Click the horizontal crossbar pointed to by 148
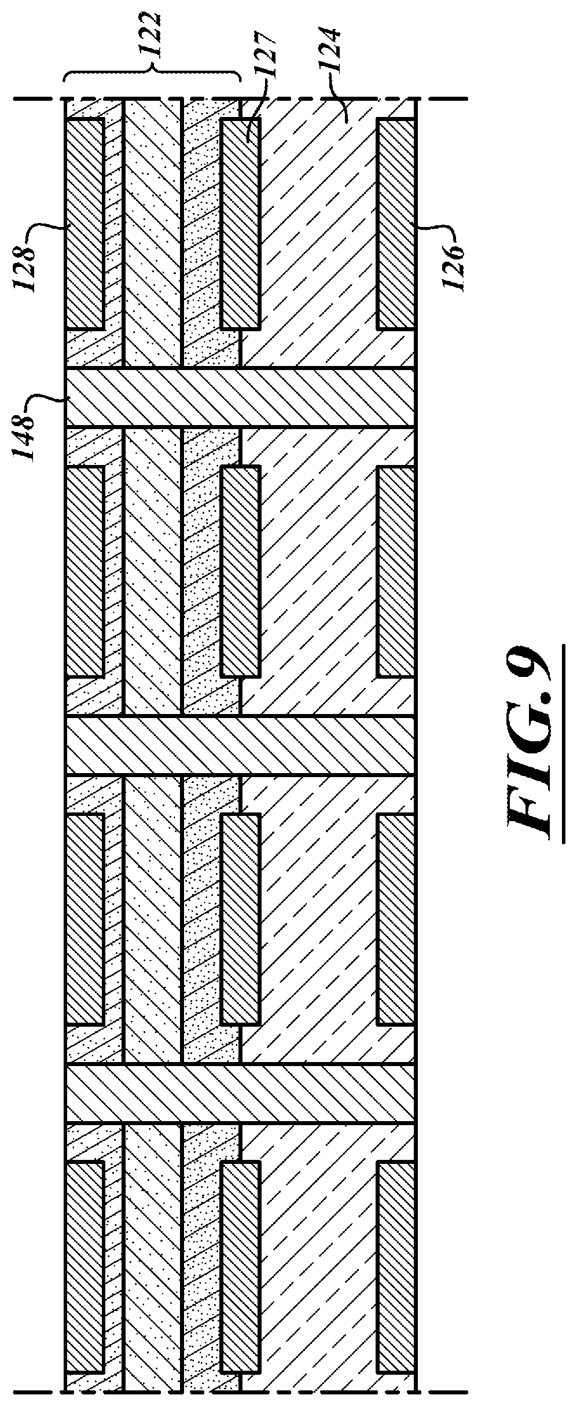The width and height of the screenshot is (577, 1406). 240,397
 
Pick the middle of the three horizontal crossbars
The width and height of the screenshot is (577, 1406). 240,745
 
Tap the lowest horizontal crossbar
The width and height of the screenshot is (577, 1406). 240,1093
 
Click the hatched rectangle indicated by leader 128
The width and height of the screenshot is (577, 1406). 85,224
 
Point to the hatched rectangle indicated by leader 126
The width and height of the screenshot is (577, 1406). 396,224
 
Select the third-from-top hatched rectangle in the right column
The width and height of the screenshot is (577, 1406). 396,920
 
